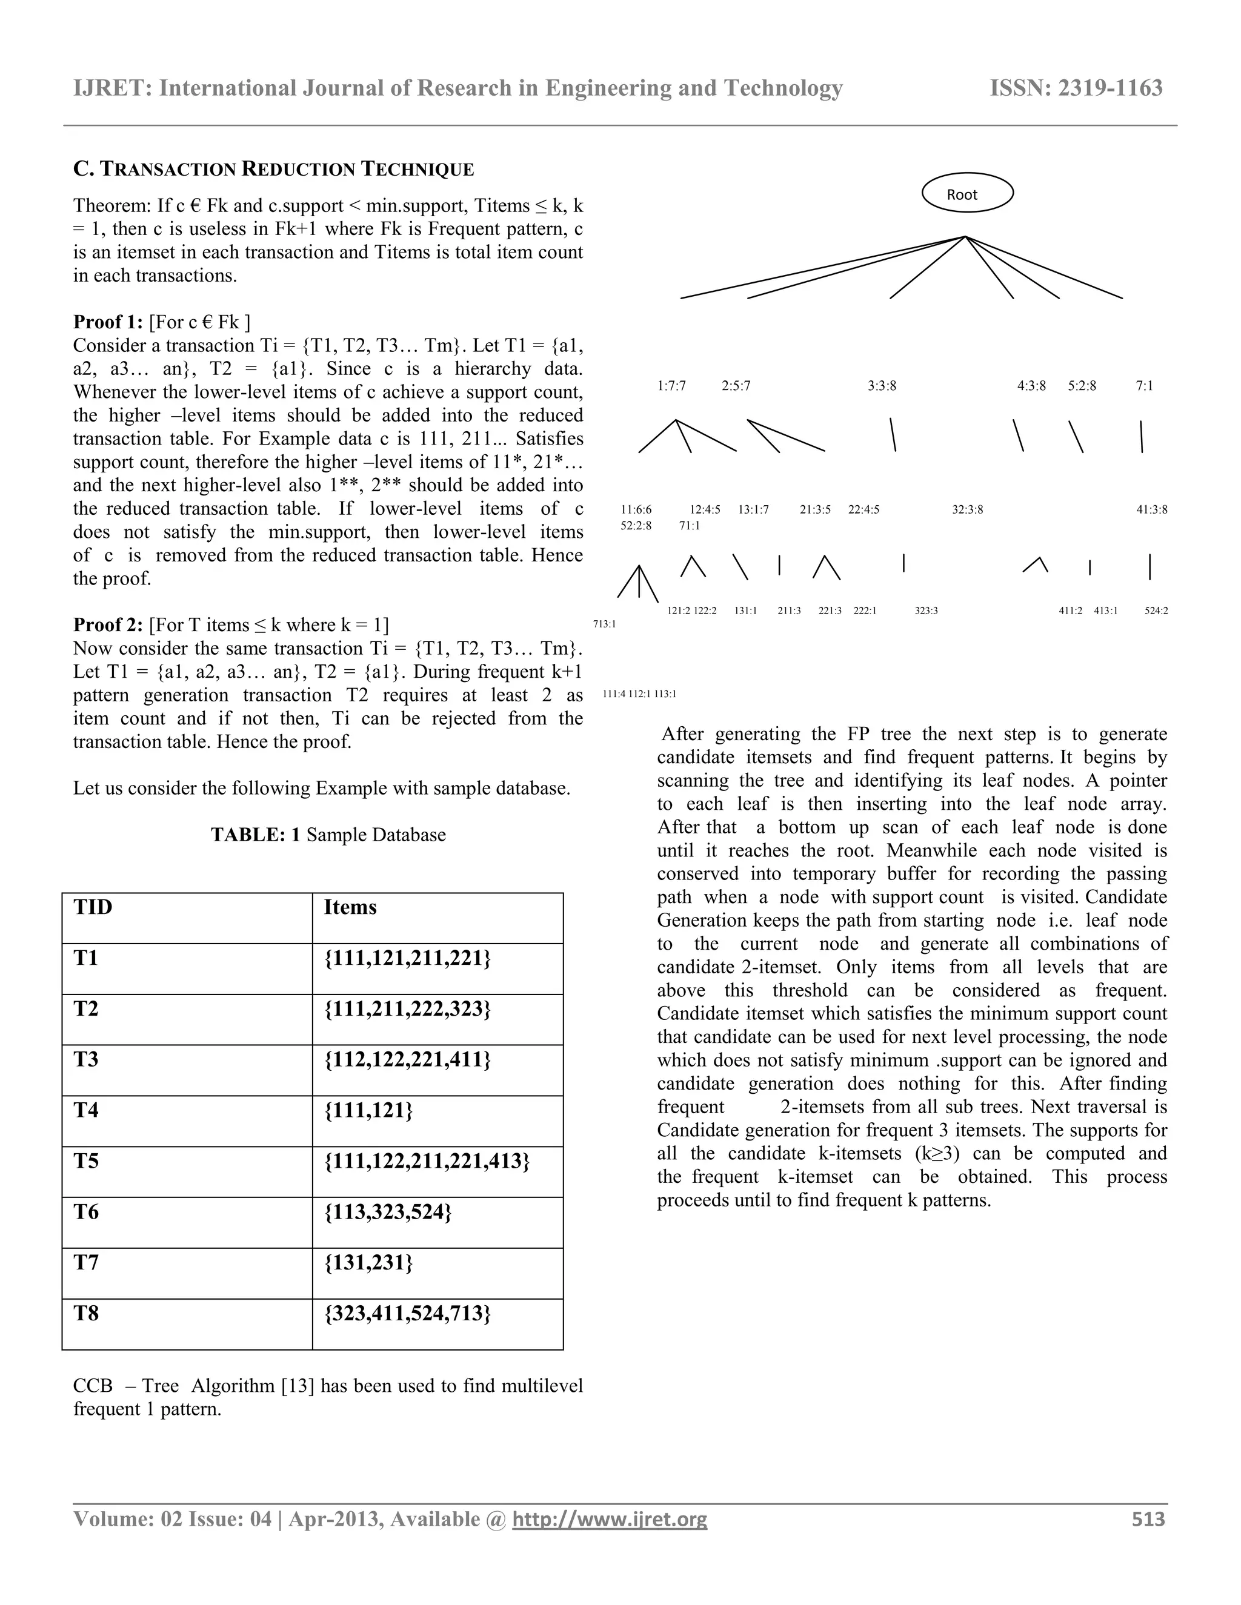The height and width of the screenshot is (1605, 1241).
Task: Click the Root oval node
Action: coord(967,193)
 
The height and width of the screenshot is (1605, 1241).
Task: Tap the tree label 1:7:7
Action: coord(671,386)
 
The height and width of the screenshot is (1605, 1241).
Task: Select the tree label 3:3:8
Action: coord(882,386)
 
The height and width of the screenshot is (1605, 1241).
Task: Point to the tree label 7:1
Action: coord(1144,386)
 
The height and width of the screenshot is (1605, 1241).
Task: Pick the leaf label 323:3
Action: coord(926,611)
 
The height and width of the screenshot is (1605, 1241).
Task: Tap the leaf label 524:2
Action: coord(1156,611)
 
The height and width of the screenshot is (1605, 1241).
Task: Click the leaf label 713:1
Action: coord(604,624)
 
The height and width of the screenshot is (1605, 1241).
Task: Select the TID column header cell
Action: coord(187,918)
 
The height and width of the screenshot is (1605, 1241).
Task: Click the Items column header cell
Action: coord(438,918)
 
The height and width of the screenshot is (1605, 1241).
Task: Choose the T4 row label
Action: coord(187,1120)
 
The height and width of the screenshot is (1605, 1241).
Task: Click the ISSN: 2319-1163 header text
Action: coord(1076,88)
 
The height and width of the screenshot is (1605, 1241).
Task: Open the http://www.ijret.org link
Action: coord(610,1519)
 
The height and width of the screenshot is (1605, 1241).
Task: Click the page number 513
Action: coord(1148,1519)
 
